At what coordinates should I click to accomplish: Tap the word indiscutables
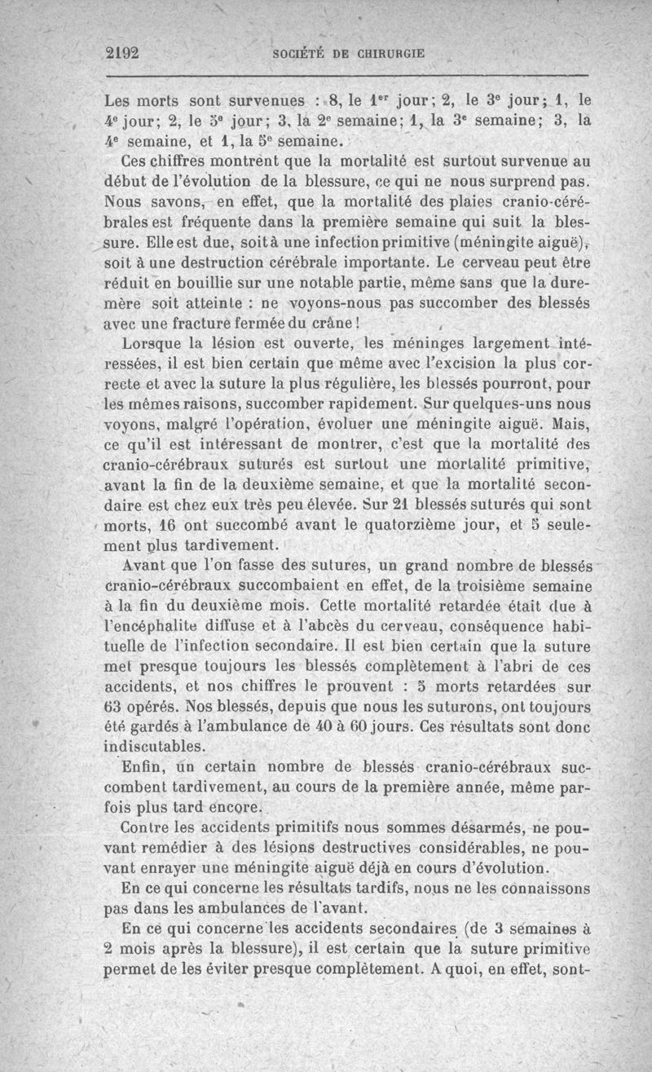[x=156, y=746]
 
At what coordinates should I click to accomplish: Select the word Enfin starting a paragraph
[x=143, y=766]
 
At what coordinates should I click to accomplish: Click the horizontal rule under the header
[x=346, y=76]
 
